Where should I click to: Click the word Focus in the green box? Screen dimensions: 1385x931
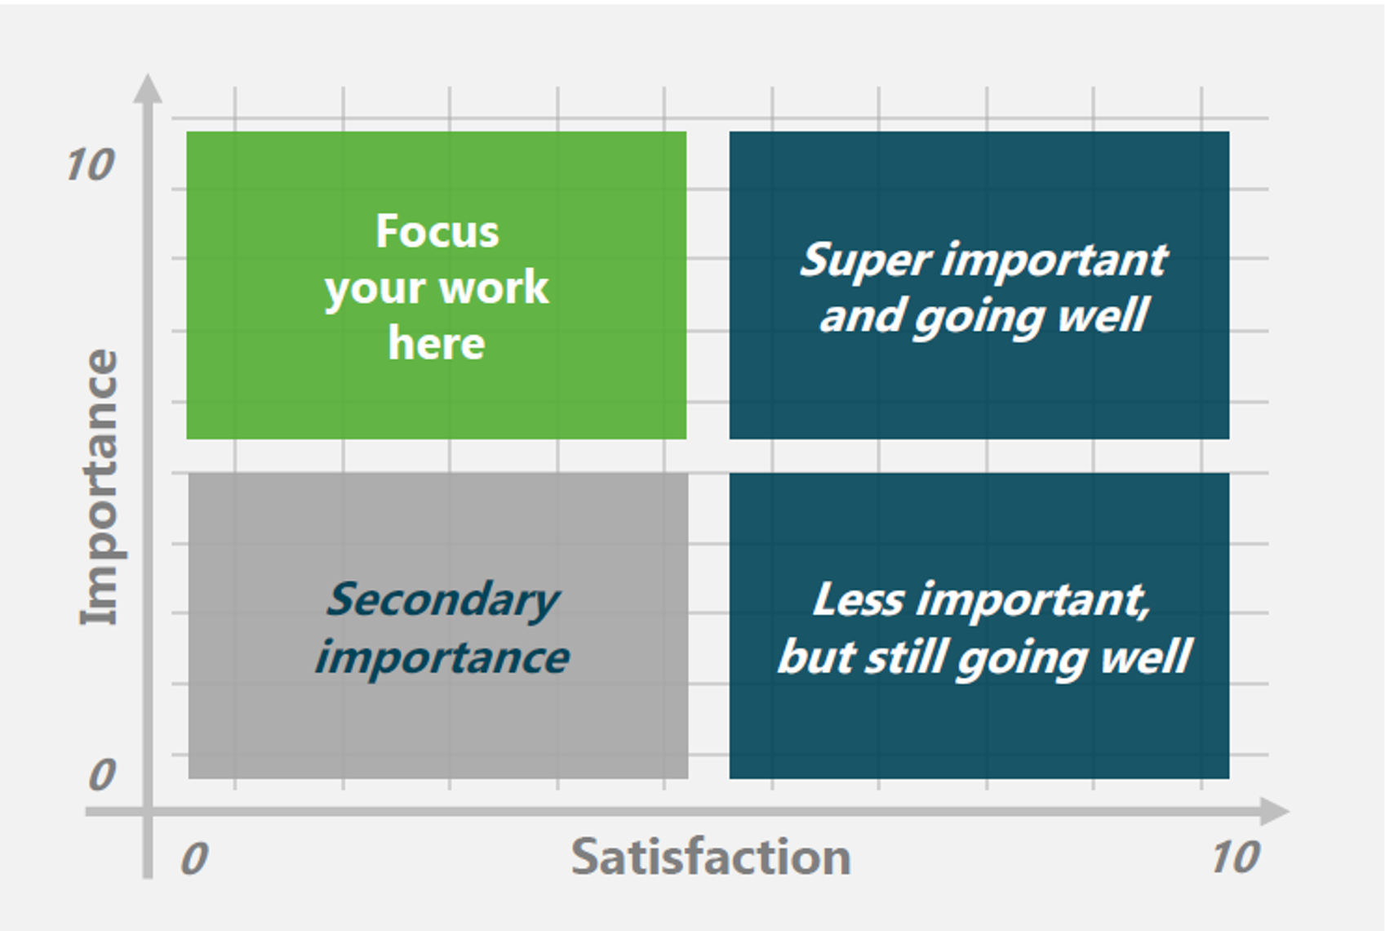437,231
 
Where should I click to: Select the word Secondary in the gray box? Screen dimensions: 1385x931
442,600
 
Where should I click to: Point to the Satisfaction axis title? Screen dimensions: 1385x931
711,857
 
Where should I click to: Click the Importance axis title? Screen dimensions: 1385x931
100,488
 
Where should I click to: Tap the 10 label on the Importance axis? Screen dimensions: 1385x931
91,164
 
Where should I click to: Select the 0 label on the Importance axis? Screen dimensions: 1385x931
101,774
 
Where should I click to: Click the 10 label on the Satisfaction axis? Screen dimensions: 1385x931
1236,857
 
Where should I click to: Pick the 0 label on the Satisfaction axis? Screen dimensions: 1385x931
193,858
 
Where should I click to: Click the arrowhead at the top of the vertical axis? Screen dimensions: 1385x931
148,88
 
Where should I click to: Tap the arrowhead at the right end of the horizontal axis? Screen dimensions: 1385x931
1275,812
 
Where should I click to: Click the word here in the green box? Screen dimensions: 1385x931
437,343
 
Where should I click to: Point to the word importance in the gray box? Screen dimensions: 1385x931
442,657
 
